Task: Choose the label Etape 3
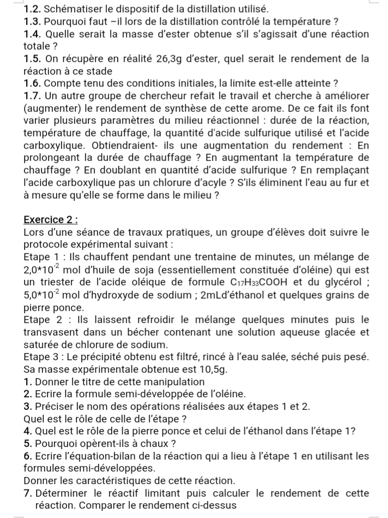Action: click(41, 357)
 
